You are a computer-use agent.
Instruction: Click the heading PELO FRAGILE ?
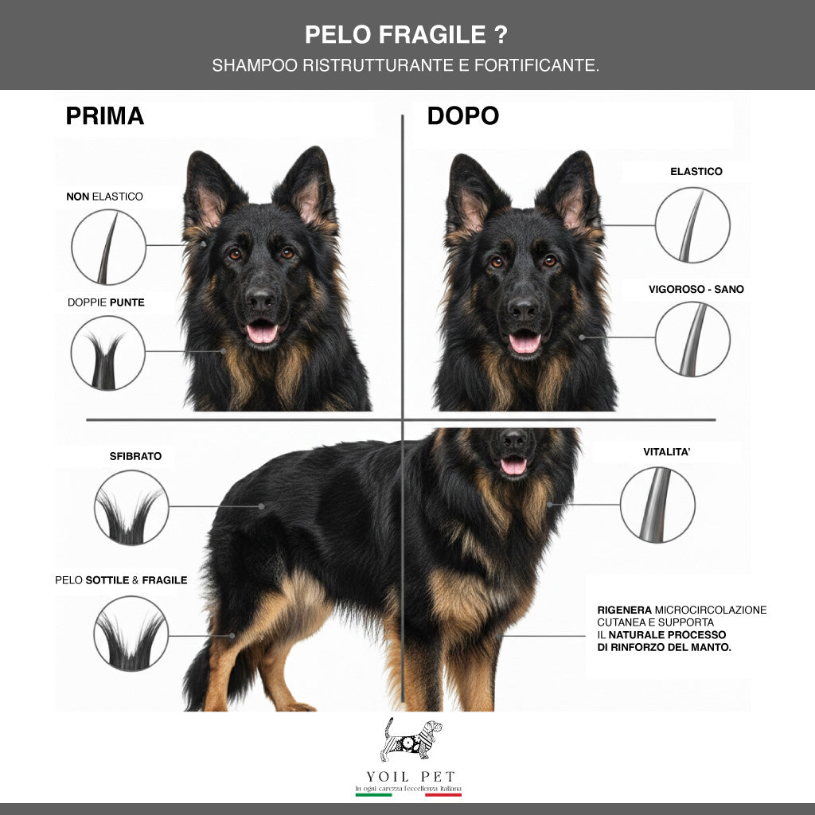407,35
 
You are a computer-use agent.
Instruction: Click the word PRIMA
104,116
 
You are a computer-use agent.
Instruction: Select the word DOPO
462,116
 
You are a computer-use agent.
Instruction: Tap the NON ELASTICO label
104,196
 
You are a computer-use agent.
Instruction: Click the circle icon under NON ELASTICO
108,247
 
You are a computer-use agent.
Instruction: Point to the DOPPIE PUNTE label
106,302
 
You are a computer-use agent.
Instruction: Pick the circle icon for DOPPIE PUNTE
108,353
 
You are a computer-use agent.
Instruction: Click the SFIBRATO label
135,456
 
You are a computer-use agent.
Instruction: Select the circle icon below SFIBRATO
131,507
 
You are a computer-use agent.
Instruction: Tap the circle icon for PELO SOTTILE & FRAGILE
131,634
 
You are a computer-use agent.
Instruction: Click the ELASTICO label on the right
696,171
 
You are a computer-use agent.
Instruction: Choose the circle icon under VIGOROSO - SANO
692,339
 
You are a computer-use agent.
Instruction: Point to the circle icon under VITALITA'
657,505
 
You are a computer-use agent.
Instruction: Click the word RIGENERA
619,610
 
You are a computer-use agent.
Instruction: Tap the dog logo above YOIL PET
411,739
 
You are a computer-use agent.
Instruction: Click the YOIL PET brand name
407,776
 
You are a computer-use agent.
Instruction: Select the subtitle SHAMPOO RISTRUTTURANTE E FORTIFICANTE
405,65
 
